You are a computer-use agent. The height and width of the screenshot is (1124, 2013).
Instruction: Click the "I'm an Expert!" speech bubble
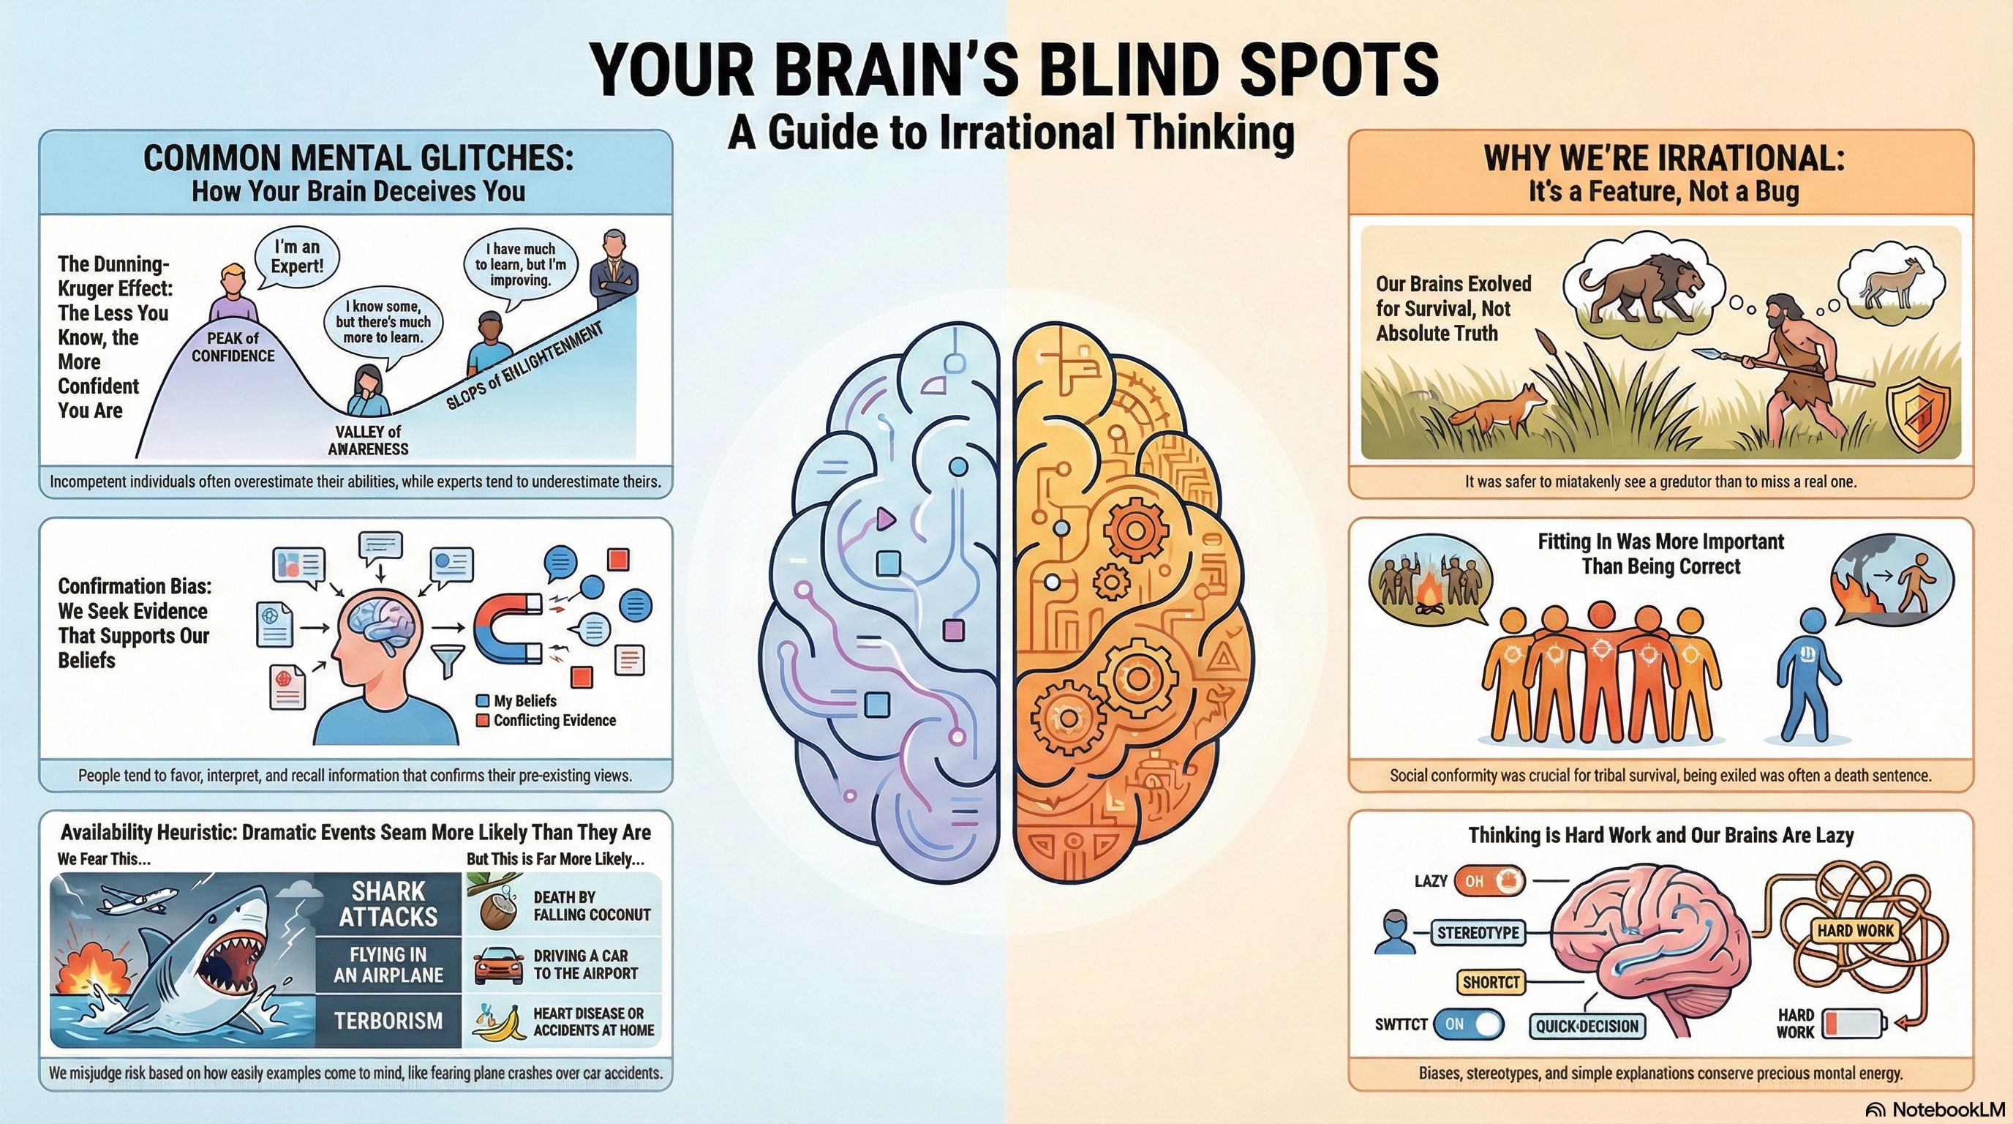click(296, 256)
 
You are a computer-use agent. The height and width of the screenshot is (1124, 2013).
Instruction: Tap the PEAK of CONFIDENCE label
click(233, 347)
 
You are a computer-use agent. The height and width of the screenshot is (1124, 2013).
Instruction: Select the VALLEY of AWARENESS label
click(368, 440)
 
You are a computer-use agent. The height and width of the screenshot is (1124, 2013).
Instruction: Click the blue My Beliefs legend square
click(482, 701)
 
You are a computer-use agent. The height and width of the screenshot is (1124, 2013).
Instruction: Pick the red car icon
click(499, 966)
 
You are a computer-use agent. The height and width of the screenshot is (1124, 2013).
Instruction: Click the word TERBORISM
click(388, 1021)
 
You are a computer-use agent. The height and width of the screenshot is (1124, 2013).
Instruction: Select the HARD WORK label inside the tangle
click(1856, 930)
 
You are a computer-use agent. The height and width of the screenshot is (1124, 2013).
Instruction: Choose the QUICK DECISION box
click(1587, 1026)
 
